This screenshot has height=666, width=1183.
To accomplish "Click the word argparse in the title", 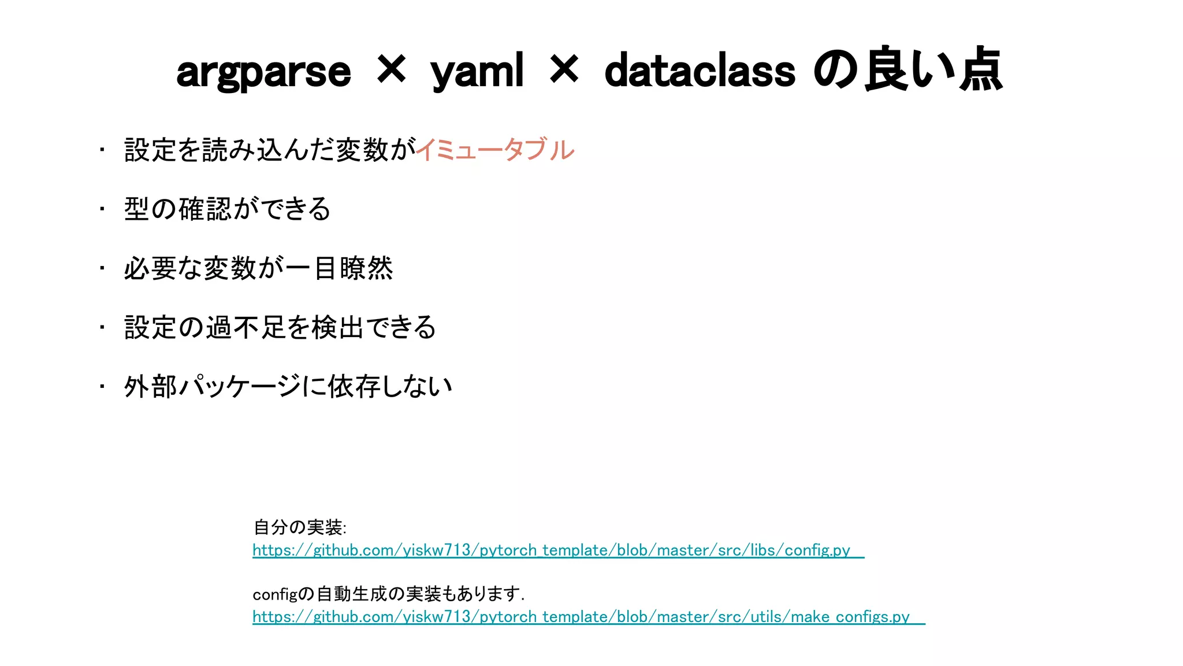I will tap(263, 73).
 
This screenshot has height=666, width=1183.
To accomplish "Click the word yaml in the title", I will tap(477, 73).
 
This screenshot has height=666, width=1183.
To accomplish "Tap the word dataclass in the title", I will tap(700, 72).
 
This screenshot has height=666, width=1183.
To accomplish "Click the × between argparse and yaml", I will tap(391, 69).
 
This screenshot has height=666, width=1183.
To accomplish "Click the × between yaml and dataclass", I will tap(564, 69).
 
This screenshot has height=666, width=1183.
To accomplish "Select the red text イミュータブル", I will tap(495, 150).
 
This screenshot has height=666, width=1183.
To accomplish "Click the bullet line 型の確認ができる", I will tap(227, 209).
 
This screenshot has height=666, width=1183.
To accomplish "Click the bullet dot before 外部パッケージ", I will tap(102, 386).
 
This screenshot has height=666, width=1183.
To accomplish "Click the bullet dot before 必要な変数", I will tap(102, 268).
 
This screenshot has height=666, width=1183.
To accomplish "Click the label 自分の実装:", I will tap(300, 527).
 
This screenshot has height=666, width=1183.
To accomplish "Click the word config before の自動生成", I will tap(274, 594).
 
